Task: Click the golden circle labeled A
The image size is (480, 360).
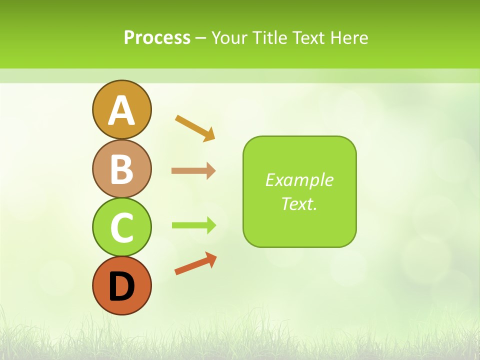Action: [x=121, y=109]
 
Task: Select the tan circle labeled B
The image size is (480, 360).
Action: [x=121, y=168]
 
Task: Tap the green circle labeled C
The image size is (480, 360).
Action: [x=121, y=227]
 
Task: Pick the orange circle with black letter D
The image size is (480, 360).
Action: [x=121, y=285]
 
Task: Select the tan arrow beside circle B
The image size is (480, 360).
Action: [x=193, y=171]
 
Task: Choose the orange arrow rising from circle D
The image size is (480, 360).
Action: [x=195, y=263]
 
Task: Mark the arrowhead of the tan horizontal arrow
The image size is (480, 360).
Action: [x=211, y=171]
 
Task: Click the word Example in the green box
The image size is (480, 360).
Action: [x=299, y=180]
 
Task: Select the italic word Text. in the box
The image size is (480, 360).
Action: [x=299, y=203]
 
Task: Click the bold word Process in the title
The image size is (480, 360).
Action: [x=157, y=38]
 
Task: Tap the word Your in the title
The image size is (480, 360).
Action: [x=230, y=38]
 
